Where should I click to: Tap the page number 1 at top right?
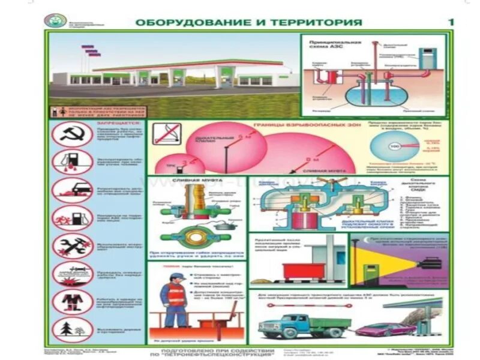pyautogui.click(x=451, y=22)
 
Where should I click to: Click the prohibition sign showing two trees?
pyautogui.click(x=72, y=329)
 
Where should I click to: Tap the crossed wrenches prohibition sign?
pyautogui.click(x=72, y=246)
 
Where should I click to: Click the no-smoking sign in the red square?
pyautogui.click(x=165, y=136)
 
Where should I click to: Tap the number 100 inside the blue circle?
pyautogui.click(x=395, y=146)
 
